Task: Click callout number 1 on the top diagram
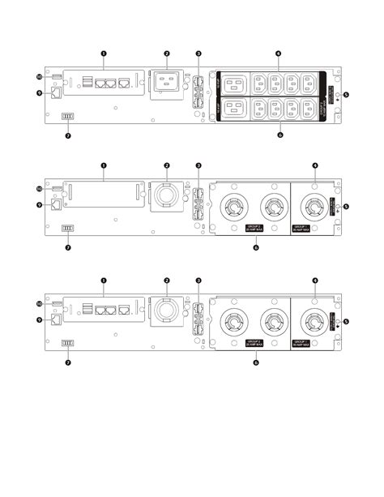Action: (x=104, y=53)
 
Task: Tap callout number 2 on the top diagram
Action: (x=166, y=54)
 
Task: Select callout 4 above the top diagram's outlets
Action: (x=278, y=54)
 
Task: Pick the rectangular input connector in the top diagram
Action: (x=167, y=84)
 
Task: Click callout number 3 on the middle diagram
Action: (x=199, y=166)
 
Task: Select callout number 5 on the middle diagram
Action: (x=346, y=206)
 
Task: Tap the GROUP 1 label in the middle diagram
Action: (x=309, y=229)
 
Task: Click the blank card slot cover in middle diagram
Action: (x=104, y=196)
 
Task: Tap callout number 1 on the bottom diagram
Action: (x=104, y=281)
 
